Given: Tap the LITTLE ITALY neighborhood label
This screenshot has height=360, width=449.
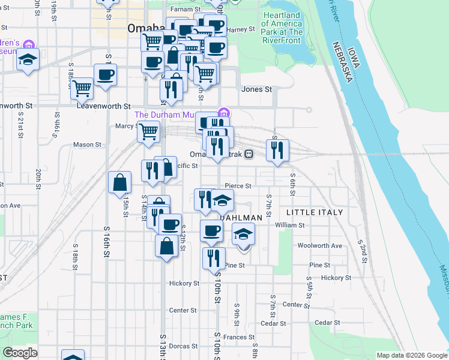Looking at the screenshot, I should [x=314, y=212].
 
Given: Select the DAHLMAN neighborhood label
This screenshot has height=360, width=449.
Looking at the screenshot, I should [x=241, y=217].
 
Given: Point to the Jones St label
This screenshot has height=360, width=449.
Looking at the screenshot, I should [x=256, y=89].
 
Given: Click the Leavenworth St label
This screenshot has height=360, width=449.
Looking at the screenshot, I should [x=103, y=106].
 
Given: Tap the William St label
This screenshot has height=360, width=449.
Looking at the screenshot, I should [x=290, y=226].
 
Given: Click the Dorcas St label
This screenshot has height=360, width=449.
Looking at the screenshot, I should [x=183, y=346].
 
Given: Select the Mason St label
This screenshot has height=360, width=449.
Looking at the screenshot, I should [x=87, y=145].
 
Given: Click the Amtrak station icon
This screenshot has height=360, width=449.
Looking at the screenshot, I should [x=248, y=154].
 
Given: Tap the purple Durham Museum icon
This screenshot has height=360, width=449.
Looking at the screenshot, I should [x=224, y=113].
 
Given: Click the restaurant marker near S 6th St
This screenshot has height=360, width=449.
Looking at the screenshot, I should [x=277, y=150].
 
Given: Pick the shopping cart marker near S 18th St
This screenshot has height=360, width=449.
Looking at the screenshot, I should [x=82, y=88].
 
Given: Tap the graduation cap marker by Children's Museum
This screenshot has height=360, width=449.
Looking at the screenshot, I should [x=28, y=60].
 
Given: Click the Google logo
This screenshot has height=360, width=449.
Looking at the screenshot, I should [x=20, y=353].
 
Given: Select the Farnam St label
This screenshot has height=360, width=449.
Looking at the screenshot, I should [x=185, y=10].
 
